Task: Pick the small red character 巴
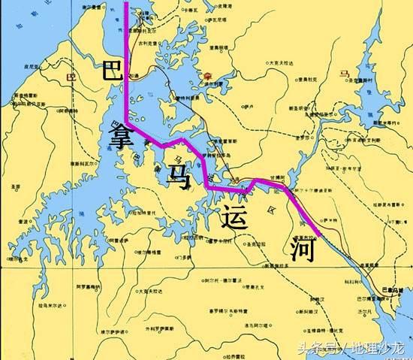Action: pos(72,77)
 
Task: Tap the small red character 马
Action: pos(345,74)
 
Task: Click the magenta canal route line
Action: pos(126,75)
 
